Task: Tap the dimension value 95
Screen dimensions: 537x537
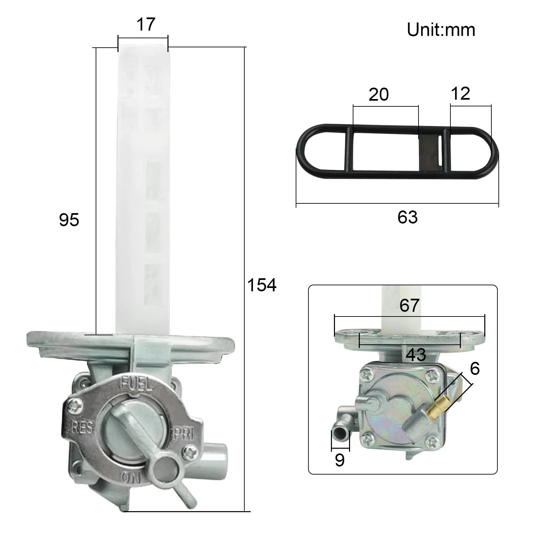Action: pyautogui.click(x=69, y=220)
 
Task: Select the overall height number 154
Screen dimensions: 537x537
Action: pyautogui.click(x=262, y=285)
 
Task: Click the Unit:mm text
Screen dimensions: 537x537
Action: pyautogui.click(x=441, y=30)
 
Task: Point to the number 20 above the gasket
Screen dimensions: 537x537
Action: pyautogui.click(x=379, y=95)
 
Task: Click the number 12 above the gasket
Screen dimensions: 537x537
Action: pyautogui.click(x=460, y=93)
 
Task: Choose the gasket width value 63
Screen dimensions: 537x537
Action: pyautogui.click(x=407, y=217)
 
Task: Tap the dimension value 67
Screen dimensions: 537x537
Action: pyautogui.click(x=409, y=305)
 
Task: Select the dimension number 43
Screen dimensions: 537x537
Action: pyautogui.click(x=416, y=355)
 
